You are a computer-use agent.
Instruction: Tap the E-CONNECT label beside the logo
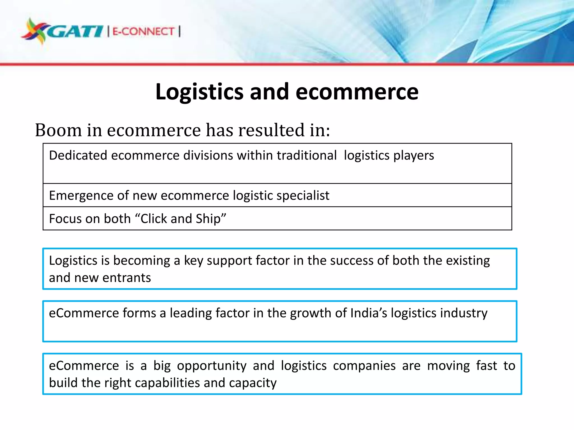143,31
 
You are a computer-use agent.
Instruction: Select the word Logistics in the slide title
199,92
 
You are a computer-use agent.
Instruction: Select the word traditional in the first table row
307,155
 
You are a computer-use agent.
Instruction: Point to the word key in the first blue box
193,261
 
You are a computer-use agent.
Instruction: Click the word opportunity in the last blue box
212,366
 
